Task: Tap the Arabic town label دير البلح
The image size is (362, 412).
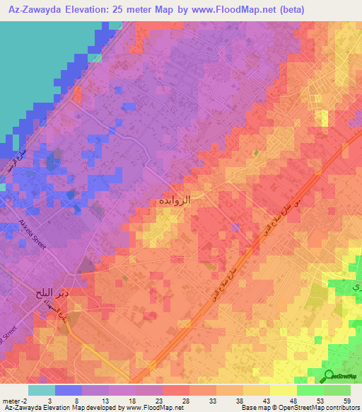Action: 51,292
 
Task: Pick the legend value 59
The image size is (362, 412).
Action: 346,400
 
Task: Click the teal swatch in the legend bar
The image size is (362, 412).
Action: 41,390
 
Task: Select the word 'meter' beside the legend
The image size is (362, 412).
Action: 13,400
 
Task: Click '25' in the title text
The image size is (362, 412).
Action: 128,8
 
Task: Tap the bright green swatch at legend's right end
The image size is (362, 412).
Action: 337,390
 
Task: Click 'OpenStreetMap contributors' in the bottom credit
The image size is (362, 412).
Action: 317,408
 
